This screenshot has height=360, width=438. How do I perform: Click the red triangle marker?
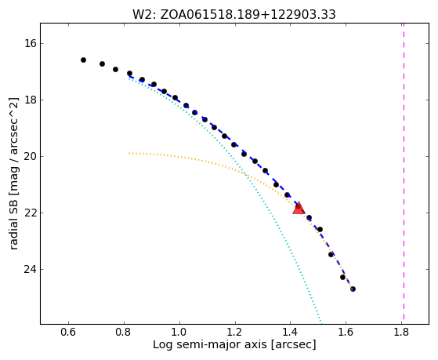(299, 208)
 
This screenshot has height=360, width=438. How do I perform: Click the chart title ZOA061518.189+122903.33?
(248, 15)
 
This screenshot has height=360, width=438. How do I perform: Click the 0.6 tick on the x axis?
(68, 332)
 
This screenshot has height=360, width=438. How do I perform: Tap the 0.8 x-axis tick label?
(124, 332)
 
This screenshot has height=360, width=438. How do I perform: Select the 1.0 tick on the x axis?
(179, 332)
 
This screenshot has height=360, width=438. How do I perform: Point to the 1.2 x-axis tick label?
(234, 332)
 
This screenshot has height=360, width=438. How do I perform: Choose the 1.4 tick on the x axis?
(290, 332)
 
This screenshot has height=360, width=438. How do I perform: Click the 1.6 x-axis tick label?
(346, 332)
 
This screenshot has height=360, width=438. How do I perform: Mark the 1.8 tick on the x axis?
(401, 332)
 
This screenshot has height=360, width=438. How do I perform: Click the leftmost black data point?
(83, 60)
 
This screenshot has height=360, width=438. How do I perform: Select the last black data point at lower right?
(353, 289)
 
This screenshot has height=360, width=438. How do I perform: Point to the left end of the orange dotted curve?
(129, 153)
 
